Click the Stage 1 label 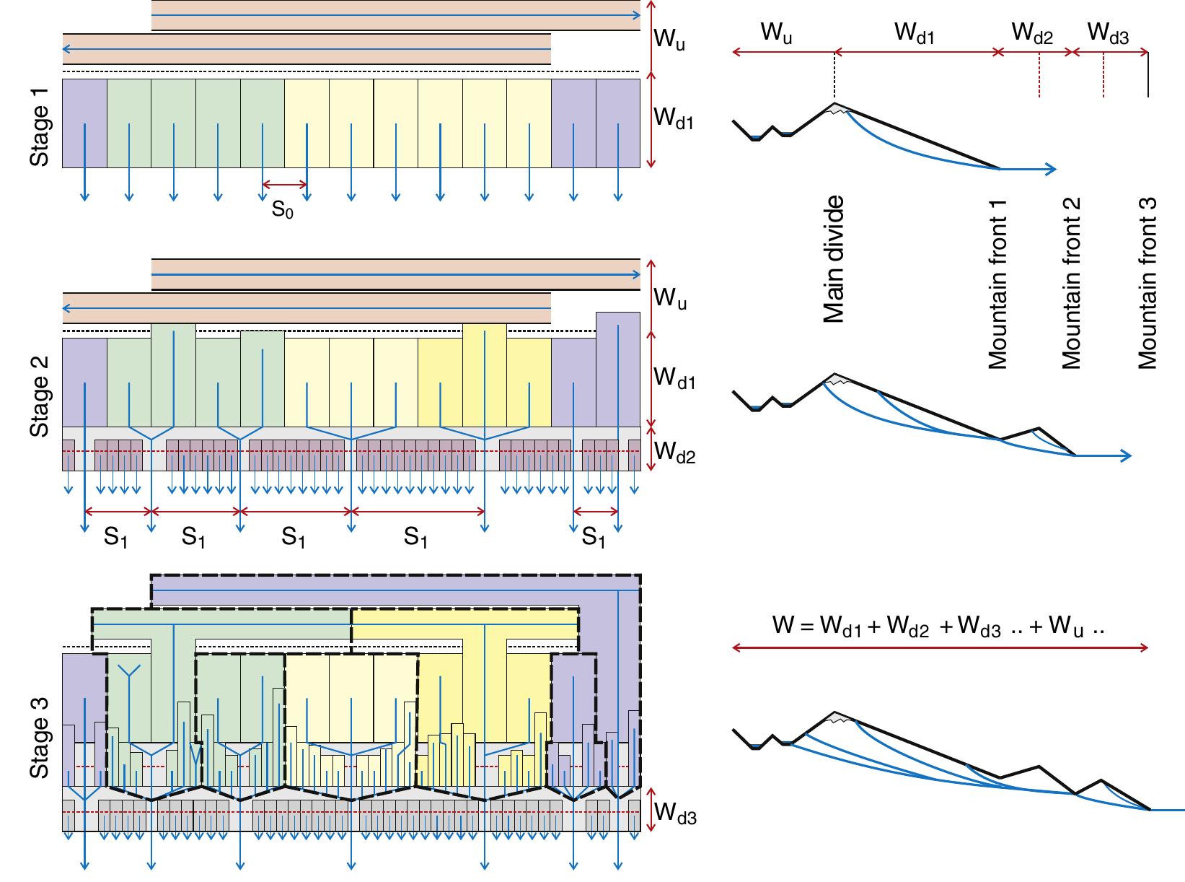click(40, 124)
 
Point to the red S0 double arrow click(285, 185)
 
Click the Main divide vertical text click(833, 259)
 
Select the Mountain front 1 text click(997, 284)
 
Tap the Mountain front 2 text click(1072, 284)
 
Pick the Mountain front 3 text click(1147, 284)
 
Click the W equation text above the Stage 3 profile click(939, 625)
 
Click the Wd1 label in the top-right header click(915, 33)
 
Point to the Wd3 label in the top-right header click(1107, 33)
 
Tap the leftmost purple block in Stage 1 click(84, 123)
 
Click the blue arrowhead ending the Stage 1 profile click(1052, 170)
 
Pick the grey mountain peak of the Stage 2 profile click(834, 379)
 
